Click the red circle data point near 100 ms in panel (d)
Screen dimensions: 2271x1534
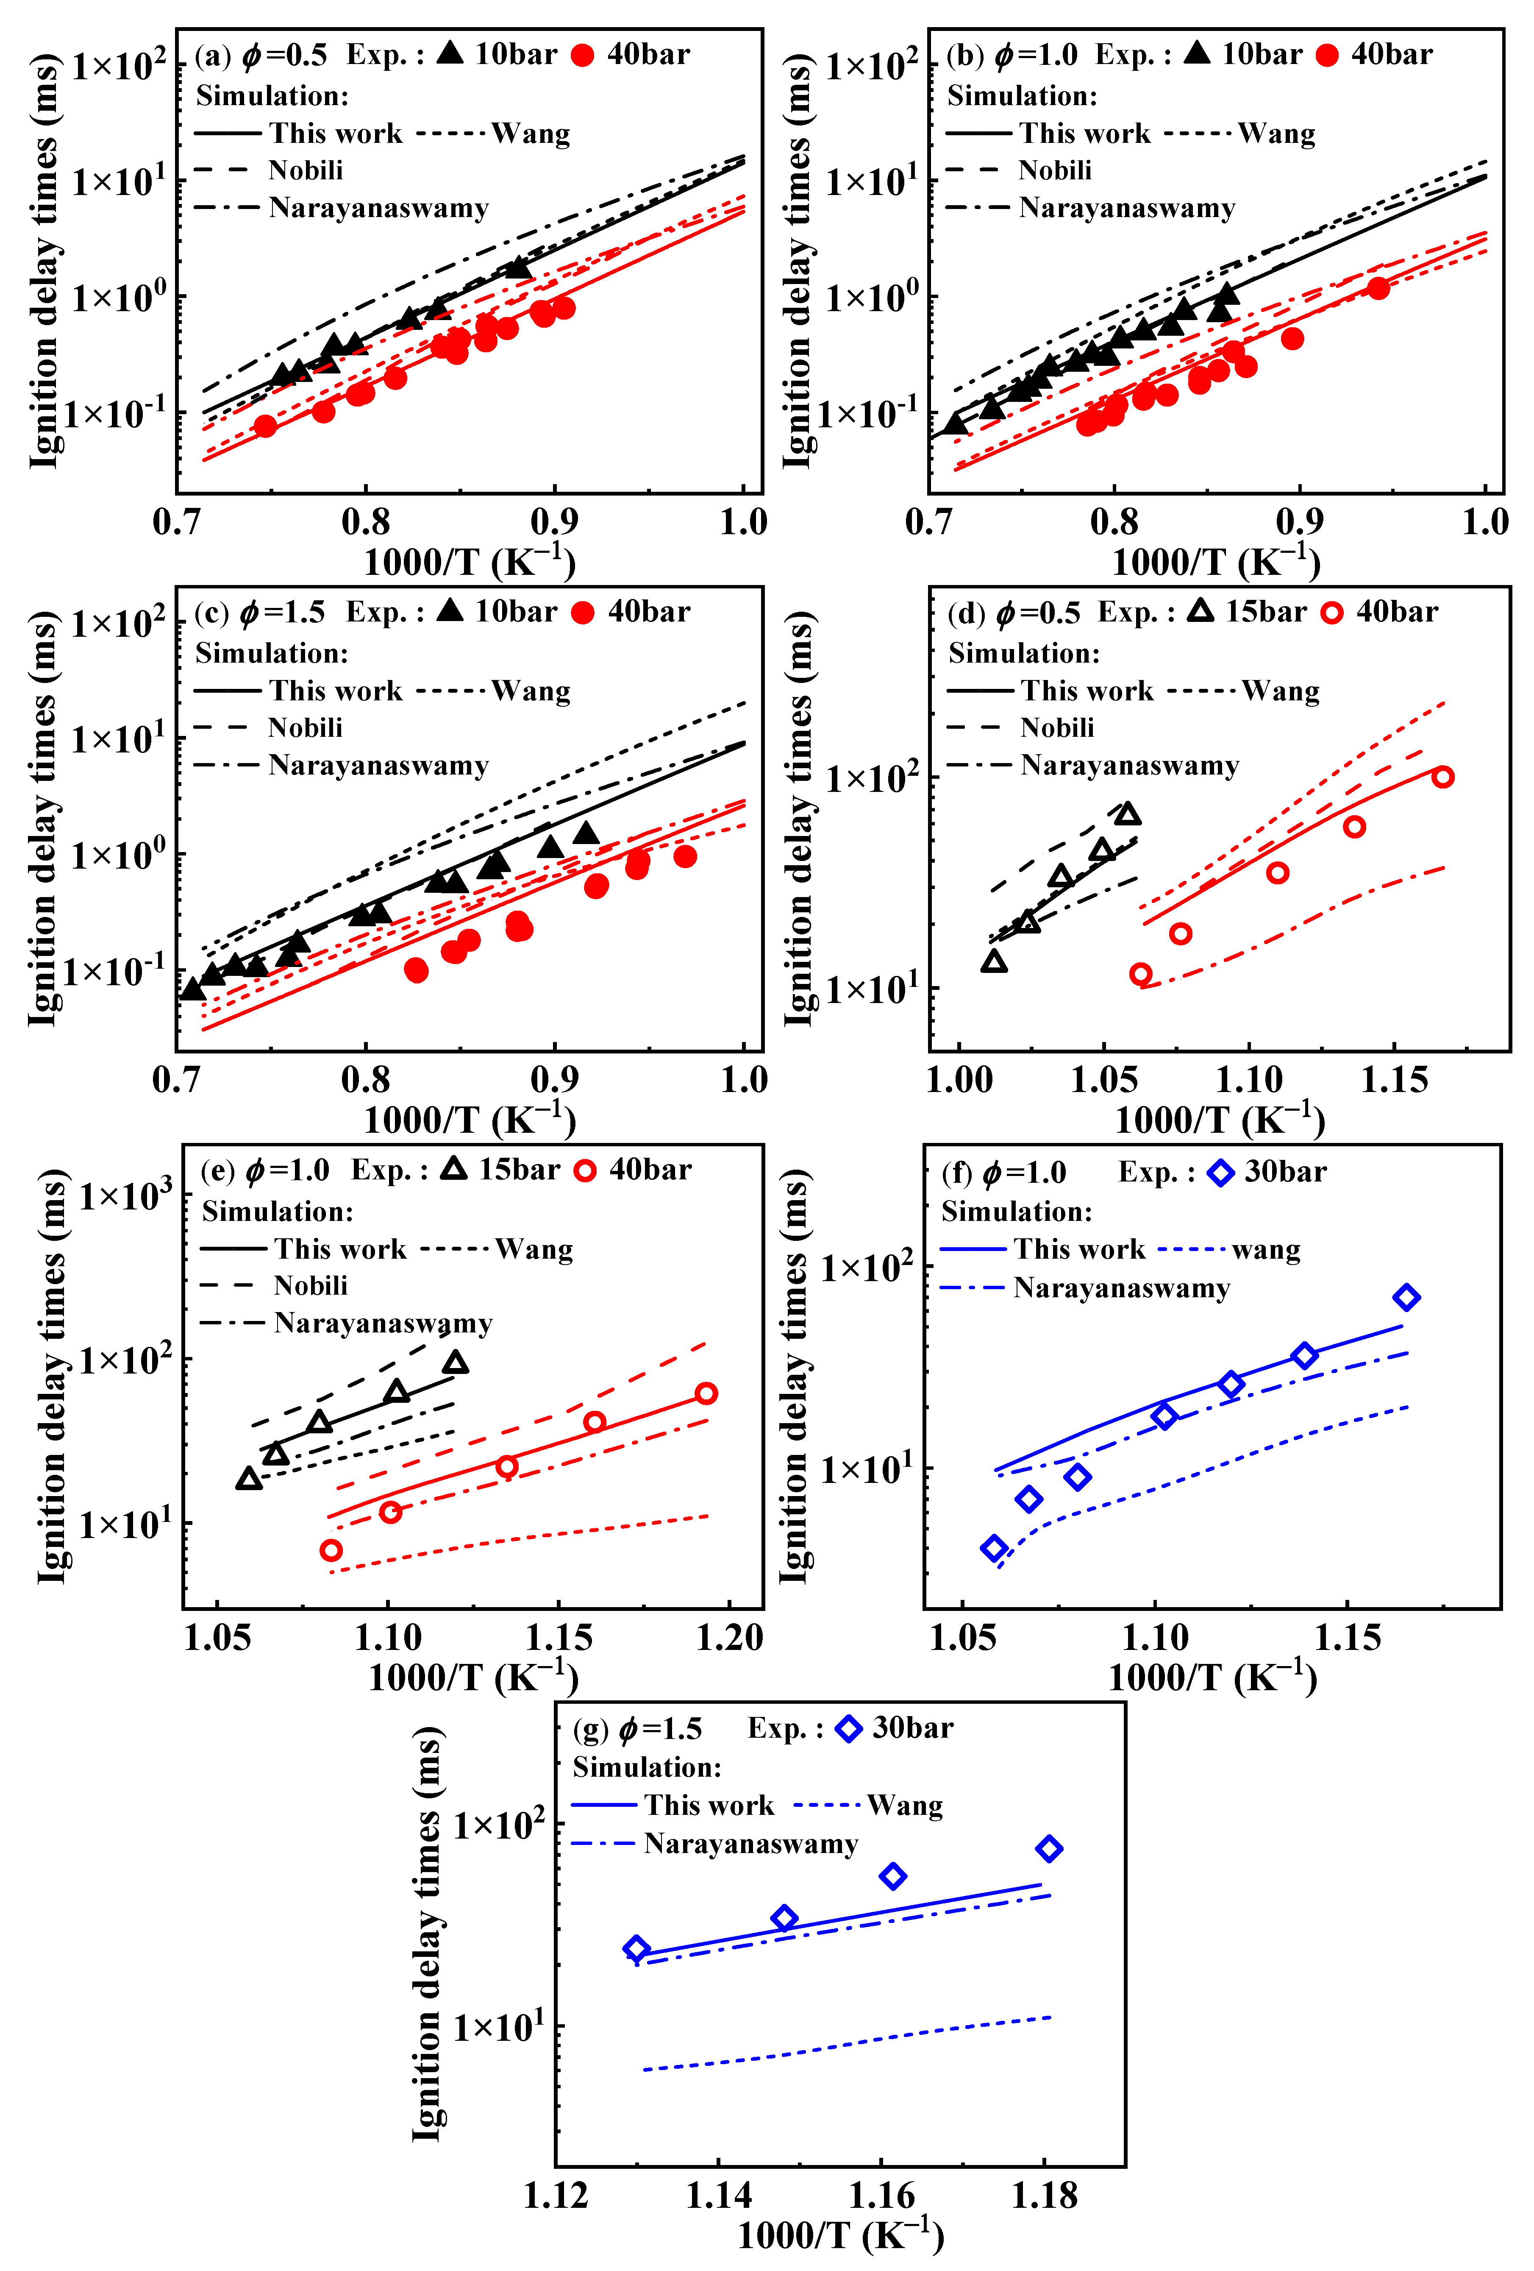pos(1442,777)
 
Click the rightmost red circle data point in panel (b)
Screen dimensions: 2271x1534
pos(1378,288)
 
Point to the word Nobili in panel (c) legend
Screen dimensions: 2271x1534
pos(306,728)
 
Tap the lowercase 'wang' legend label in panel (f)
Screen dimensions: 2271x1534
pos(1266,1250)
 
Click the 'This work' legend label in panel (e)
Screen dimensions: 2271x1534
pos(340,1250)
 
